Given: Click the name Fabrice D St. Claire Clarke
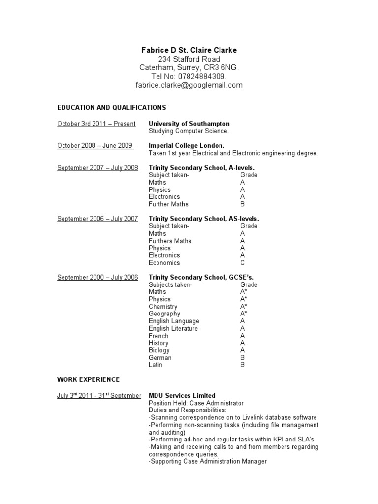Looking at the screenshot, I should (189, 50).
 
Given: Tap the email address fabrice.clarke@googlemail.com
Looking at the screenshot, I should (189, 85).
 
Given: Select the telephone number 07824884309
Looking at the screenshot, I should (202, 76).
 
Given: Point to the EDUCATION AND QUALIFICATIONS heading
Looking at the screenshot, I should (112, 107).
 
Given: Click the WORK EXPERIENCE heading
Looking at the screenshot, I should (88, 379).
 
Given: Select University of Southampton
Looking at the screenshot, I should (189, 124).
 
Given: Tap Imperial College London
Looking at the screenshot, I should (187, 146).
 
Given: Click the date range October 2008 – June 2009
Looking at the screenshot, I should (94, 146).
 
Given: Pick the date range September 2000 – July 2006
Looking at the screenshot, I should (97, 278).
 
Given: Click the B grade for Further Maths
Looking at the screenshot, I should (242, 204).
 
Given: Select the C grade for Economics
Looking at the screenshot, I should (242, 263).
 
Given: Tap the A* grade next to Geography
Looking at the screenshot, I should (243, 314).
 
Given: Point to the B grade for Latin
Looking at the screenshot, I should (242, 365).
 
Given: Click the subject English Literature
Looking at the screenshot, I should (173, 328).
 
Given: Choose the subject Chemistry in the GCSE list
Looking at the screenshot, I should (163, 307).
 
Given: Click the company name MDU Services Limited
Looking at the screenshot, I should (182, 395).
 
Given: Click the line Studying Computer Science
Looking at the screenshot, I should (189, 131).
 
